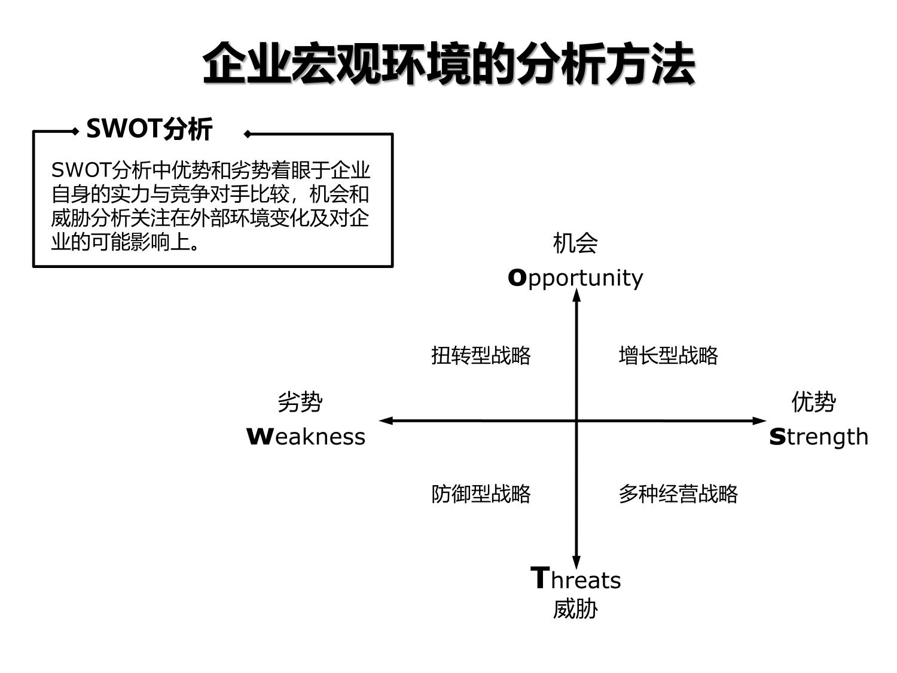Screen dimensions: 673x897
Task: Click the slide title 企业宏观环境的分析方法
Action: pos(448,63)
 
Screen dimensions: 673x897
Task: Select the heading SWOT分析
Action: pos(149,129)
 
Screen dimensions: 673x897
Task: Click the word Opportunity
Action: pos(575,278)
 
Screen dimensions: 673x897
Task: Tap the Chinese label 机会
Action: pos(575,243)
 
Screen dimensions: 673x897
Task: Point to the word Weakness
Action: pos(306,437)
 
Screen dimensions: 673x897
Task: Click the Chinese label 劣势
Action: pos(300,402)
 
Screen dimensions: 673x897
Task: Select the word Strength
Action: pos(818,437)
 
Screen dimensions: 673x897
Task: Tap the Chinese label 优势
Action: pos(813,402)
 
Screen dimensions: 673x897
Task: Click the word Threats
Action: pos(575,579)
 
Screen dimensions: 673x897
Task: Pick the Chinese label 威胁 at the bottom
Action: pos(575,609)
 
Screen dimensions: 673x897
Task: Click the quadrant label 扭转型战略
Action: pos(481,355)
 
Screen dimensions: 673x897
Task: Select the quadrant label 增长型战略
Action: pos(668,355)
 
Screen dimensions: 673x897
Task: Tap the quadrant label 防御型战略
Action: pos(481,494)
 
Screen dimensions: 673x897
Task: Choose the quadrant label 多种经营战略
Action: pos(678,494)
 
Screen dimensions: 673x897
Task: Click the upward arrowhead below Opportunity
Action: pos(576,296)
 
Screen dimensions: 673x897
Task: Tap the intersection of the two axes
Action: pos(576,421)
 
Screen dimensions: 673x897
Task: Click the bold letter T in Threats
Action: pos(540,578)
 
